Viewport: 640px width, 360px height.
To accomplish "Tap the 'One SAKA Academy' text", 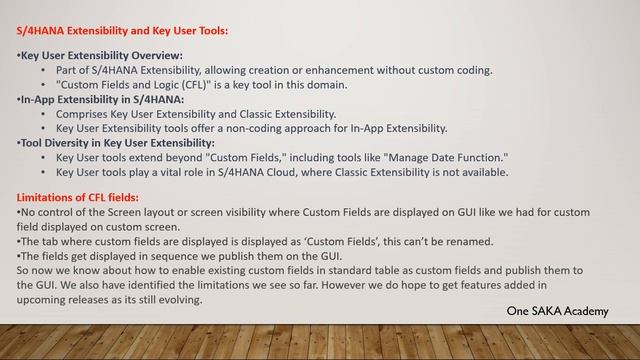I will [x=557, y=312].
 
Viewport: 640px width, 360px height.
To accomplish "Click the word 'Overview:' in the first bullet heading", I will [x=155, y=56].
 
